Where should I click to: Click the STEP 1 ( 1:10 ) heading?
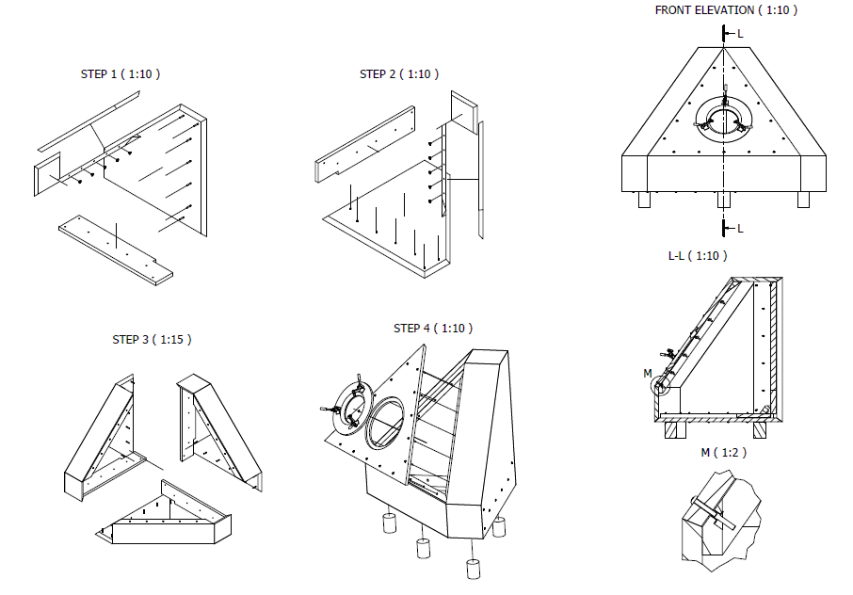[x=121, y=74]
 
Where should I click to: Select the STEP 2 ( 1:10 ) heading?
[x=399, y=74]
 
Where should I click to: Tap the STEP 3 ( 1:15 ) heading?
[x=152, y=339]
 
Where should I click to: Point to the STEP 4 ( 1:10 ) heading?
[x=433, y=328]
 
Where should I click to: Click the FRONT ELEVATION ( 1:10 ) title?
[x=726, y=10]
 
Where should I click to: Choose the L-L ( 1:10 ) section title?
[x=697, y=255]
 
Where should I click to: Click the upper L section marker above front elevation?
[x=740, y=34]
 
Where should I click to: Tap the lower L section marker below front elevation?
[x=740, y=229]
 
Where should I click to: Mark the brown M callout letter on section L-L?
[x=648, y=374]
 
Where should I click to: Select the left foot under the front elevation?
[x=645, y=200]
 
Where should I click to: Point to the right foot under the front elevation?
[x=805, y=200]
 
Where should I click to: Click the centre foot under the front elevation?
[x=724, y=200]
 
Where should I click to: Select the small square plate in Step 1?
[x=46, y=176]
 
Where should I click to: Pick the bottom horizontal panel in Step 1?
[x=115, y=249]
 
